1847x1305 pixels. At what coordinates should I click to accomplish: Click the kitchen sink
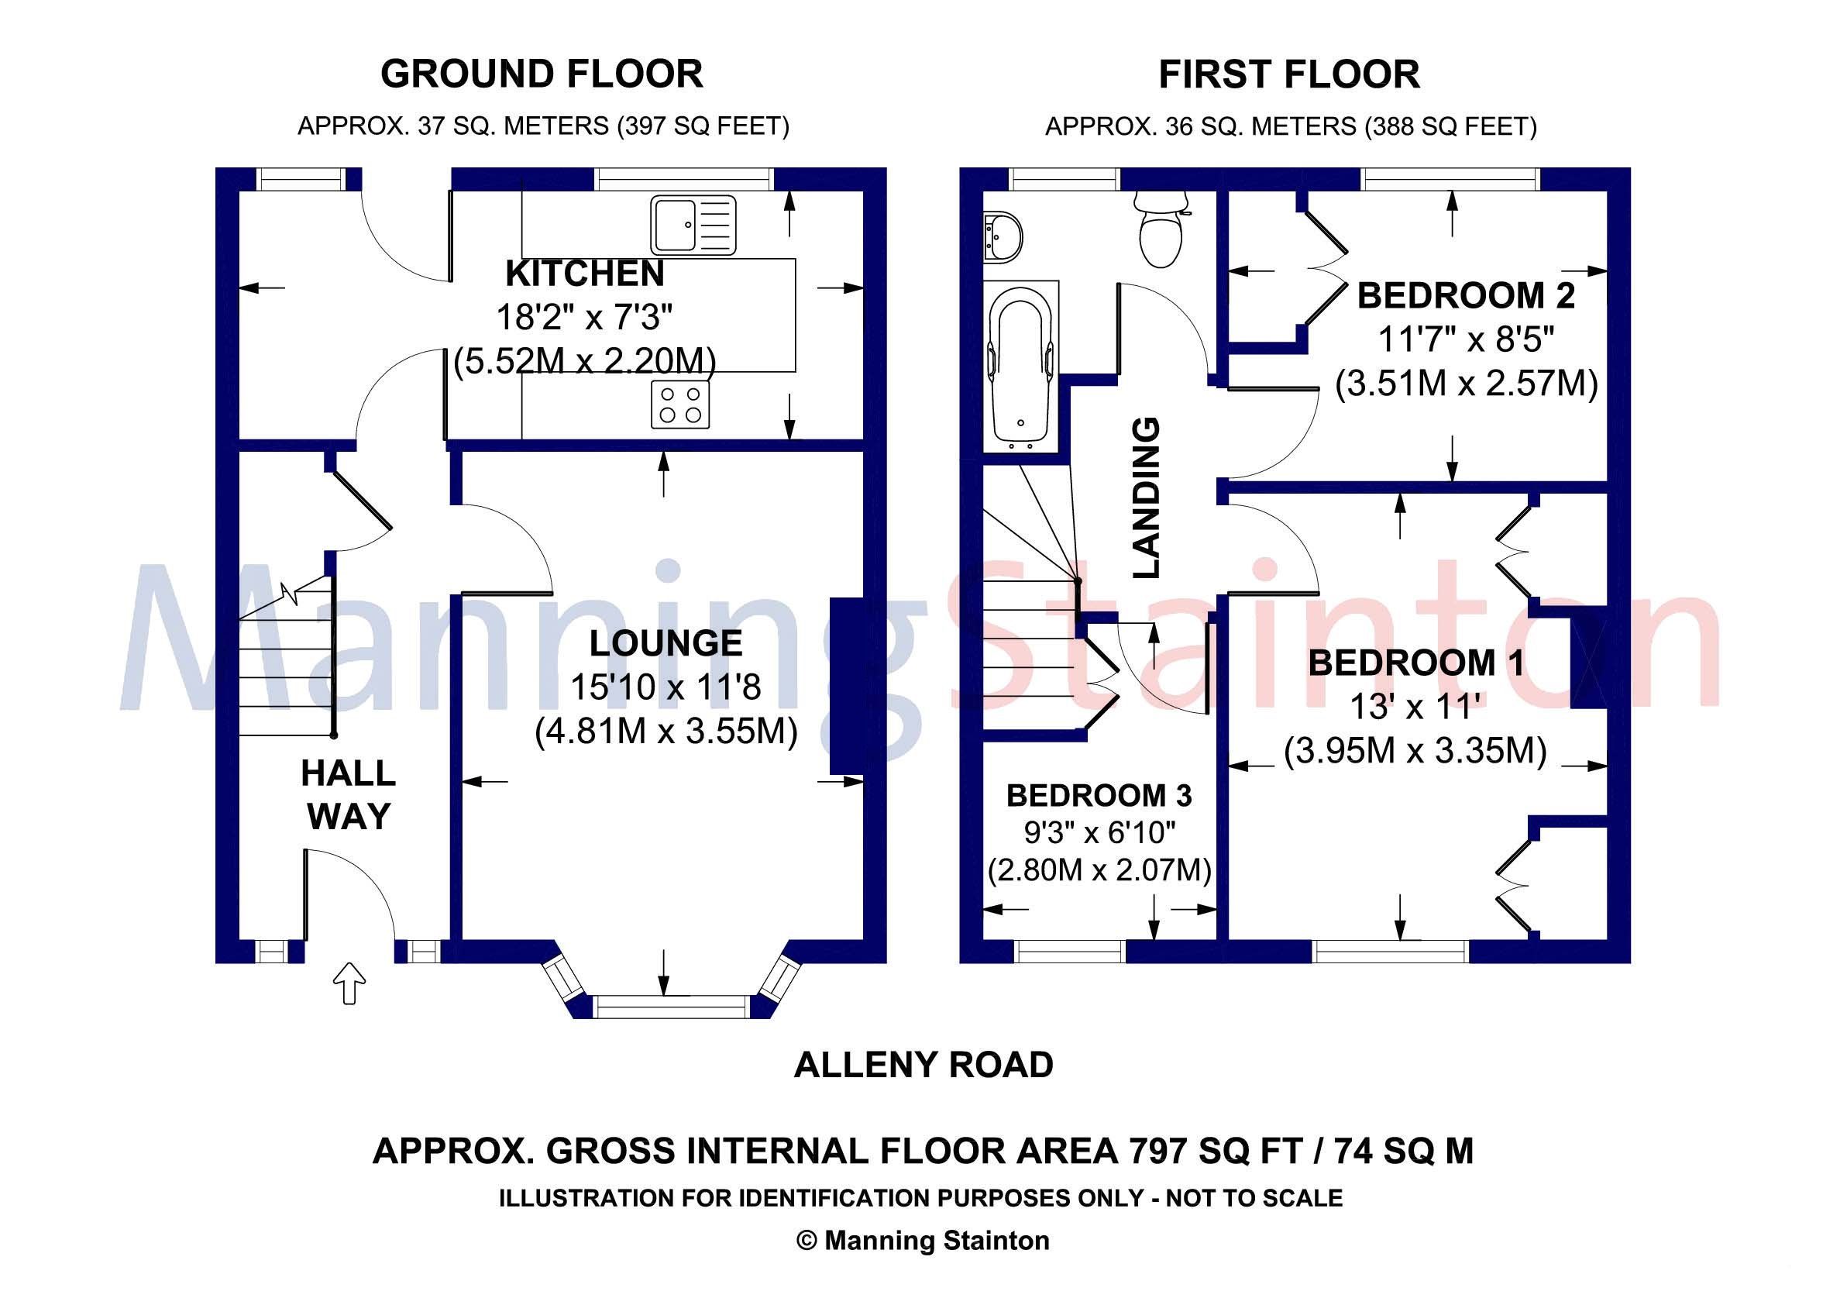pos(693,226)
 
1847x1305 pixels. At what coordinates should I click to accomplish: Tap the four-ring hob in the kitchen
pos(680,405)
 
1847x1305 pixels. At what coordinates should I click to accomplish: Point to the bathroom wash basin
pos(1003,236)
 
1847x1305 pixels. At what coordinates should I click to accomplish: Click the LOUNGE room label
pos(666,644)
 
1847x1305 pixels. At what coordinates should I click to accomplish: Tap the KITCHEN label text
pos(585,274)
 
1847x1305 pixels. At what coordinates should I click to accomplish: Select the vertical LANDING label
pos(1147,498)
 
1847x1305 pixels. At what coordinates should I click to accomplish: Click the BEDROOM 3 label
pos(1099,796)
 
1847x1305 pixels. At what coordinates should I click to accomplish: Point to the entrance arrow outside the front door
pos(350,983)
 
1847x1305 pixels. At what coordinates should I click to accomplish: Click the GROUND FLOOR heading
pos(542,74)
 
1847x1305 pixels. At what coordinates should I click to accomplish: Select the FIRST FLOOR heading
pos(1288,75)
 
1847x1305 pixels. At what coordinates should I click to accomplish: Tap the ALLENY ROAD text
pos(923,1066)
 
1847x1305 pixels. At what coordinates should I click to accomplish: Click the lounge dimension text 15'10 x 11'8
pos(666,688)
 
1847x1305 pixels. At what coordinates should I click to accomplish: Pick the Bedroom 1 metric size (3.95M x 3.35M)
pos(1415,752)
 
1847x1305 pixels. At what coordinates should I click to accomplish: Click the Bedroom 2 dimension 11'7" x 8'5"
pos(1466,340)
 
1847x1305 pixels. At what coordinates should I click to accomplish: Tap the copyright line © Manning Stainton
pos(923,1241)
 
